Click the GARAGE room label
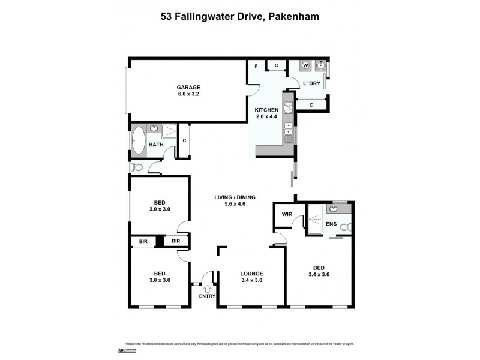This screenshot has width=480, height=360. [188, 87]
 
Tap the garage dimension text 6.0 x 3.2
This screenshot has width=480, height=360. [188, 94]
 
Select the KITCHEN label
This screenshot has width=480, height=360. [266, 110]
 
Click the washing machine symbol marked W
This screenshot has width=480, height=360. [305, 65]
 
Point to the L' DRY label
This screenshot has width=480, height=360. [311, 83]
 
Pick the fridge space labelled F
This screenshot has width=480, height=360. [256, 65]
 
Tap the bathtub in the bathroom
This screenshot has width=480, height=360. [139, 140]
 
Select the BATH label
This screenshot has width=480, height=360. [156, 145]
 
